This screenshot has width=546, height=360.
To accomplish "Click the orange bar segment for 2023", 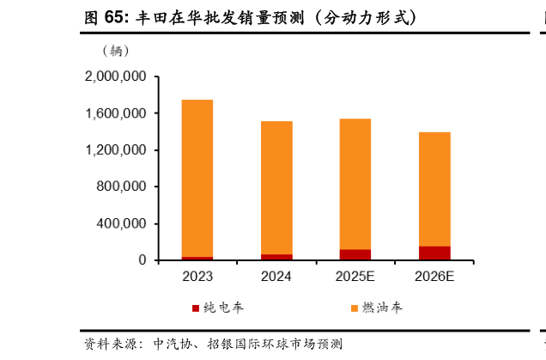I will [x=197, y=178].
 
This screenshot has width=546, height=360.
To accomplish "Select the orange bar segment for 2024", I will [x=276, y=187].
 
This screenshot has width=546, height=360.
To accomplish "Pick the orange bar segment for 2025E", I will [x=355, y=184].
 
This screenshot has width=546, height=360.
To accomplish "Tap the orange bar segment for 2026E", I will [x=434, y=189].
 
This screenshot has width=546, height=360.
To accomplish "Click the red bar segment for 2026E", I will [x=434, y=253].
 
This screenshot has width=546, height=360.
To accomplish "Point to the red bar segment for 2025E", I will [x=355, y=254].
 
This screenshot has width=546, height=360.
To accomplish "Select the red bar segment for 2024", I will [x=276, y=256].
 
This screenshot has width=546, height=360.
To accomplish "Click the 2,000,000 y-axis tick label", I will [x=115, y=76].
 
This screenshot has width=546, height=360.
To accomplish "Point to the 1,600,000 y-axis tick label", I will [x=115, y=113].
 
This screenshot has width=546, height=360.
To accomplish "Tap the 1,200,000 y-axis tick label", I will [x=115, y=150].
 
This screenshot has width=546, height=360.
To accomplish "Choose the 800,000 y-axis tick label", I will [x=121, y=186].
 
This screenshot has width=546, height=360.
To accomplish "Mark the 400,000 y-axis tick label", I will [x=121, y=223].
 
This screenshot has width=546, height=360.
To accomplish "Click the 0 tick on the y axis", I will [x=143, y=260].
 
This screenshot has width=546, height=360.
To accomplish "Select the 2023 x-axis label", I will [x=197, y=277].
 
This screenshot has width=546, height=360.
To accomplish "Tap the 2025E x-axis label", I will [x=355, y=277].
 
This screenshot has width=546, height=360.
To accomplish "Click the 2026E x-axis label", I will [x=434, y=277].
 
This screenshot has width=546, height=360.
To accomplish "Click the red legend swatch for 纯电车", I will [x=195, y=308].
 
